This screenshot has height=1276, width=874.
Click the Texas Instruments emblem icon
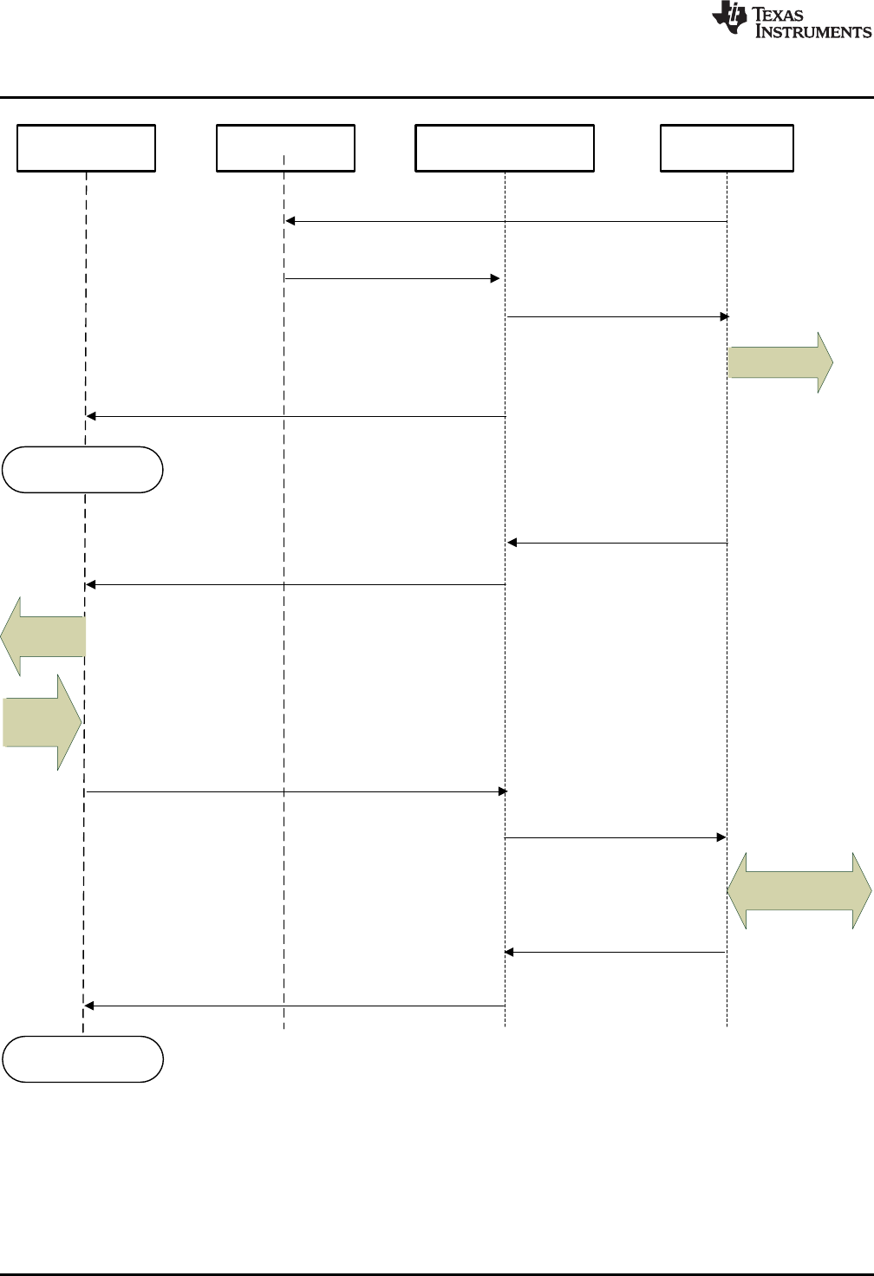tap(729, 18)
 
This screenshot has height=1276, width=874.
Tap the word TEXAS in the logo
tap(778, 14)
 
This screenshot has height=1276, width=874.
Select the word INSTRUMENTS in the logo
tap(812, 31)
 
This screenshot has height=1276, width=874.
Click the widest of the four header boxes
tap(505, 148)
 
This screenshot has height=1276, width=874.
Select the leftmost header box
tap(87, 148)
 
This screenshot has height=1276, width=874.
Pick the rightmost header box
tap(727, 148)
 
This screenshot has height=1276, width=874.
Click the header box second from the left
tap(285, 148)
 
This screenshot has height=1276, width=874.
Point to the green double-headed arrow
tap(799, 891)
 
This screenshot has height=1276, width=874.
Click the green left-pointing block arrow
tap(43, 636)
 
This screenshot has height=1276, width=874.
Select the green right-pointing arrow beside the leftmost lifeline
tap(42, 722)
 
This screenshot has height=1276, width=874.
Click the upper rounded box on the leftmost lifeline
tap(82, 470)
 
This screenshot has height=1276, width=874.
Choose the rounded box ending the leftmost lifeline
tap(82, 1058)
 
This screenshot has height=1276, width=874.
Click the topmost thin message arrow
tap(506, 222)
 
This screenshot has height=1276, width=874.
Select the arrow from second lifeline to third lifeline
tap(392, 278)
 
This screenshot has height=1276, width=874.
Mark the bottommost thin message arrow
tap(295, 1006)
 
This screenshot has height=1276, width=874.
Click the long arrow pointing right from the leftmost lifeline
tap(296, 791)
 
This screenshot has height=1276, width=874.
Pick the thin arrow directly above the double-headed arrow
tap(615, 837)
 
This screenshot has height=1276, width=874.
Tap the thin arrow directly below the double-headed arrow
tap(615, 952)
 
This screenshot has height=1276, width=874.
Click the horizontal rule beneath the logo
tap(437, 97)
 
